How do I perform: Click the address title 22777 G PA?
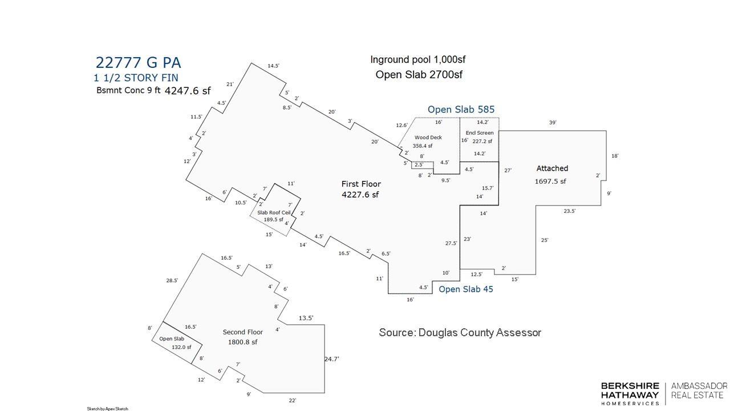coord(138,63)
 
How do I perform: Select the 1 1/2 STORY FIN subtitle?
coord(136,78)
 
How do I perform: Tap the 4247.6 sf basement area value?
coord(188,91)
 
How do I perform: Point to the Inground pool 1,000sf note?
coord(418,60)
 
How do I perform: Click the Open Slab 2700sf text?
coord(419,75)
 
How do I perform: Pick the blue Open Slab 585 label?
coord(461,110)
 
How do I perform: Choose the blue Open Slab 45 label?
coord(466,289)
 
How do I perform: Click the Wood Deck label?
coord(428,138)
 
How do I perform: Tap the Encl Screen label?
coord(480,133)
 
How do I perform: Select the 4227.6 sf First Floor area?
coord(360,195)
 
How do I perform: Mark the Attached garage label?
coord(552,168)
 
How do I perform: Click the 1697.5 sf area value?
coord(550,182)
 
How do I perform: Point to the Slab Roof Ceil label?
coord(274,213)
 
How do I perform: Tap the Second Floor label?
coord(243,332)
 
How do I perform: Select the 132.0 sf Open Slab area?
coord(181,348)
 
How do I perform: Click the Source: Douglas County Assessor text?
coord(460,333)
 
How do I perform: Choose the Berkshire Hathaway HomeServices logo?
coord(630,394)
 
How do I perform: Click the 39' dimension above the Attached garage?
coord(553,123)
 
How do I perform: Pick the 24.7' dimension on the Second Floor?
coord(332,359)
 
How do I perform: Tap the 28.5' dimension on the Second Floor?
coord(172,280)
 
